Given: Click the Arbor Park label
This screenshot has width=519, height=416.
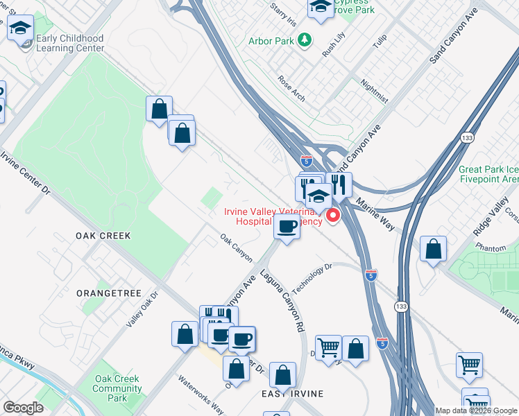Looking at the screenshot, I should pyautogui.click(x=271, y=41).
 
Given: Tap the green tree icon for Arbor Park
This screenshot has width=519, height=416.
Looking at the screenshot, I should pyautogui.click(x=304, y=41).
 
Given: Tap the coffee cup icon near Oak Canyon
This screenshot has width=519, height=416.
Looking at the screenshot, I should pyautogui.click(x=287, y=225).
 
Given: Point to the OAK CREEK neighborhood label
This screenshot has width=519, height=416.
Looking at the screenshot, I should pyautogui.click(x=103, y=236).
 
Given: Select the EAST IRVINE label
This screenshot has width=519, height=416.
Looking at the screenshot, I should pyautogui.click(x=292, y=394).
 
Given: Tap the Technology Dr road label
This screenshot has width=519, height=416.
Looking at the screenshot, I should pyautogui.click(x=312, y=277).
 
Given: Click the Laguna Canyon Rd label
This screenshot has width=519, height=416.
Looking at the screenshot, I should pyautogui.click(x=283, y=300).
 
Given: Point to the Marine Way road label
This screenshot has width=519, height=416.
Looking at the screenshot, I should pyautogui.click(x=375, y=211).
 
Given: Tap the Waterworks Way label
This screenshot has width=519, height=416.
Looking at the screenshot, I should pyautogui.click(x=200, y=394).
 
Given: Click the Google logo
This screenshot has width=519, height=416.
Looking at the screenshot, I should pyautogui.click(x=24, y=408).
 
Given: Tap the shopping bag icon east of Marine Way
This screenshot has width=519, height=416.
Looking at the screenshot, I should pyautogui.click(x=433, y=249).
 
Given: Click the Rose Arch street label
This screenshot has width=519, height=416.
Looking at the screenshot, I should pyautogui.click(x=291, y=88).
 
